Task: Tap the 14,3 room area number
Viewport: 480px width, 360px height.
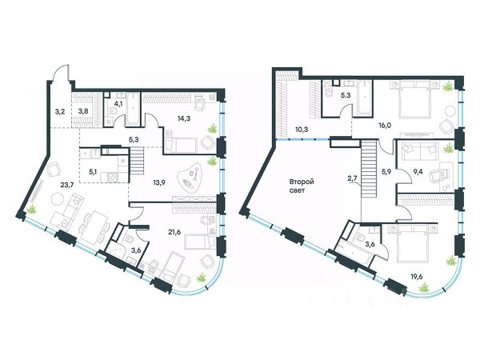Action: point(184,118)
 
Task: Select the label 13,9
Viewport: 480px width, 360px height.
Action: point(158,182)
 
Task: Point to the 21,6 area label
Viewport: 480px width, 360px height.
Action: point(174,232)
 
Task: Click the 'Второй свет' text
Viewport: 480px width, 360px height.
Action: point(302,186)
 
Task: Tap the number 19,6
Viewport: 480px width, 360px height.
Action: point(417,277)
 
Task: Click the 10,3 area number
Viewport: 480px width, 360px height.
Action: point(294,130)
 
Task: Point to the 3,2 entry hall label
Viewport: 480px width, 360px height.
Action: point(59,112)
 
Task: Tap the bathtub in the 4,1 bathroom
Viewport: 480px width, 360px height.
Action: point(133,109)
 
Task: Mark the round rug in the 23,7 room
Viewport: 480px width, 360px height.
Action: point(57,199)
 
